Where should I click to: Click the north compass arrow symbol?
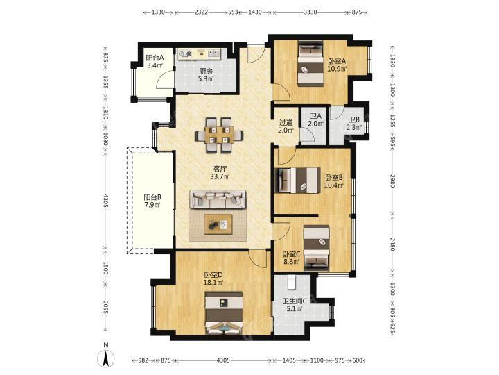click(106, 358)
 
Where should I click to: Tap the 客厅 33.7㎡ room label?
click(220, 172)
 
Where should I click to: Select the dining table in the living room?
click(220, 135)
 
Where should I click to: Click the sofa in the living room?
click(218, 199)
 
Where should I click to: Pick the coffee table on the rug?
click(218, 224)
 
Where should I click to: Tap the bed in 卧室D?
click(225, 312)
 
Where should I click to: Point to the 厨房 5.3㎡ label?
click(206, 75)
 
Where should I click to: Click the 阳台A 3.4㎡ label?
click(155, 62)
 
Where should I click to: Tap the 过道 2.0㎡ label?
click(286, 126)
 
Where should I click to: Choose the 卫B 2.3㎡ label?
click(354, 124)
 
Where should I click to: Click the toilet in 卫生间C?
click(292, 282)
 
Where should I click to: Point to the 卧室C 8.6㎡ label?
click(292, 258)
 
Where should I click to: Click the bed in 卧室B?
click(297, 180)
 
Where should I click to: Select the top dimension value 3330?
click(310, 12)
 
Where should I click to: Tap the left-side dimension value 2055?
click(106, 308)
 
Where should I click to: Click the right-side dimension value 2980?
click(393, 181)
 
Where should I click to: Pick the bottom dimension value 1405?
click(290, 360)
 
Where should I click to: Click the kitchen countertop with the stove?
click(200, 54)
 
